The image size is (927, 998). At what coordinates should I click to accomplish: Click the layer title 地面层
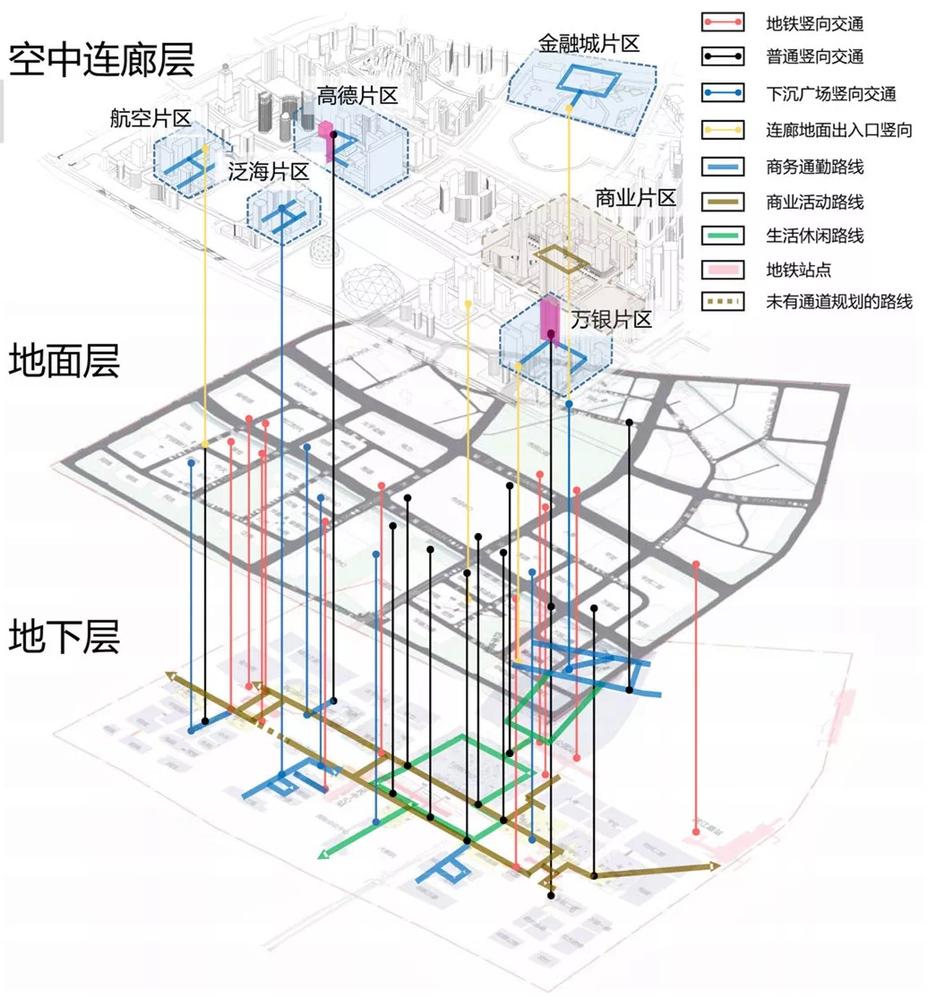click(x=64, y=363)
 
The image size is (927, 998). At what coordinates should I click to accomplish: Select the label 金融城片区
click(x=588, y=42)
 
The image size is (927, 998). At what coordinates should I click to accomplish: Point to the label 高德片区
click(x=356, y=96)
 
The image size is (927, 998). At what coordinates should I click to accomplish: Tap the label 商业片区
click(x=635, y=197)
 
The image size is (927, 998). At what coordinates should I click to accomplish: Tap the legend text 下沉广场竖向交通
click(x=831, y=93)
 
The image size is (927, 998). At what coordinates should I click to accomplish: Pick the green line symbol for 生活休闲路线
click(x=723, y=237)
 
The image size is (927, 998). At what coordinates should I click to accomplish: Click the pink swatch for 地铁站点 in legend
click(x=723, y=269)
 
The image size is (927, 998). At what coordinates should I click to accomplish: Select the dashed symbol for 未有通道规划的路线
click(x=723, y=302)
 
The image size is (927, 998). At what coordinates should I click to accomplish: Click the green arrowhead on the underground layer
click(x=322, y=855)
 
